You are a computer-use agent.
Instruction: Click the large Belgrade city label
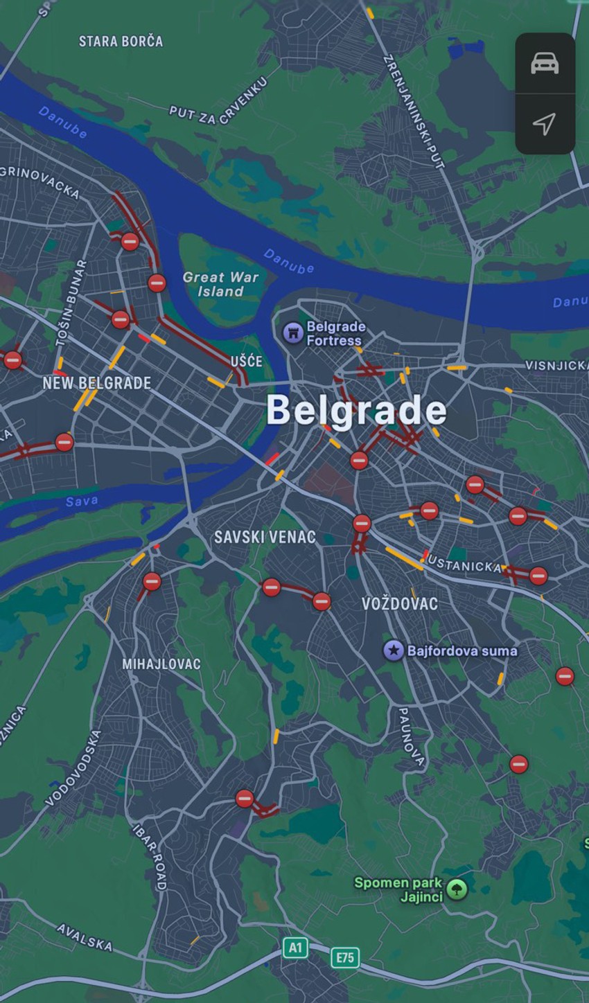pos(356,410)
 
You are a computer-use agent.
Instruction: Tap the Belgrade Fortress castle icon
pos(293,333)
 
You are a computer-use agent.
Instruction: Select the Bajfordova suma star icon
pos(394,650)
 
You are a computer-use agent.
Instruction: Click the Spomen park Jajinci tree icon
pos(457,889)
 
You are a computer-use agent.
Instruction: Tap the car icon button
pos(545,64)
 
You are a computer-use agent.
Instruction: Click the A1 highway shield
pos(295,948)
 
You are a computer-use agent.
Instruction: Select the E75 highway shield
pos(344,957)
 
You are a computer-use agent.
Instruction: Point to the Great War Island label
pos(220,284)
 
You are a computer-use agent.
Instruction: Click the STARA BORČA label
pos(121,42)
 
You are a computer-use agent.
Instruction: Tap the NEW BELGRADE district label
pos(96,383)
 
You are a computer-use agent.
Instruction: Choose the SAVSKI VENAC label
pos(265,537)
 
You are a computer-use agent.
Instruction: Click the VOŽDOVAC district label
pos(400,604)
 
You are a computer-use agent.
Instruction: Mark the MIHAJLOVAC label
pos(161,664)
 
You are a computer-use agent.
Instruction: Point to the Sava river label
pos(82,501)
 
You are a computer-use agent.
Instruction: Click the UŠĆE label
pos(246,361)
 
